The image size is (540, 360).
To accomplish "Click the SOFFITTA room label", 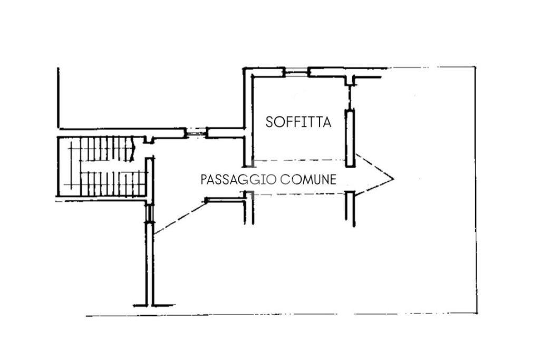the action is click(x=298, y=122).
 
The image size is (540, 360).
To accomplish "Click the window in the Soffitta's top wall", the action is click(x=296, y=72).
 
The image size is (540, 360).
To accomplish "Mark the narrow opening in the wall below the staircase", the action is click(x=150, y=212).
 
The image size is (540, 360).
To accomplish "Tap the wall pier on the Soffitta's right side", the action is click(x=350, y=138).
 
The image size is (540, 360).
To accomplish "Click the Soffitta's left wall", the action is click(x=248, y=116).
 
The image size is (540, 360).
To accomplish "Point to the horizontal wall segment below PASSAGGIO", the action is click(x=226, y=199).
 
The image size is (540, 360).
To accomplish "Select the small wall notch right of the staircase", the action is click(x=149, y=140).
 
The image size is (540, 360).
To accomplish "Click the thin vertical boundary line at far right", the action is click(x=476, y=190).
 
